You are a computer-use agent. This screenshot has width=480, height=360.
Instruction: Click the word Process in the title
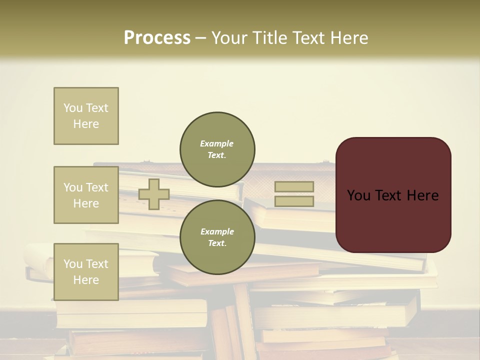157,38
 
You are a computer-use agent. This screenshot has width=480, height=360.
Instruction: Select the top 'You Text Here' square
86,116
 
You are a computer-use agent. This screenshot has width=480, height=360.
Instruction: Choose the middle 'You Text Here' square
86,195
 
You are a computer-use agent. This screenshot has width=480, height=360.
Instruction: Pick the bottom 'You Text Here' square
86,271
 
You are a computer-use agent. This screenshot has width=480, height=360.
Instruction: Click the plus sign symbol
154,194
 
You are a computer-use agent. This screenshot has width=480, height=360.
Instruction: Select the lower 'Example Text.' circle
217,237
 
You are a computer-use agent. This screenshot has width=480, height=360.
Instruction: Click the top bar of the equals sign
294,186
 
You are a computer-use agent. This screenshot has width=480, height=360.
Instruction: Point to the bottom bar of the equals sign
294,201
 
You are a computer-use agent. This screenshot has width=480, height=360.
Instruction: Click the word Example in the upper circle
217,143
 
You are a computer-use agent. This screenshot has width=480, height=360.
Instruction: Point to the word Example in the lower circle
217,231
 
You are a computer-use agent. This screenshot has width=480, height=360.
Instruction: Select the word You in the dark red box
358,195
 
